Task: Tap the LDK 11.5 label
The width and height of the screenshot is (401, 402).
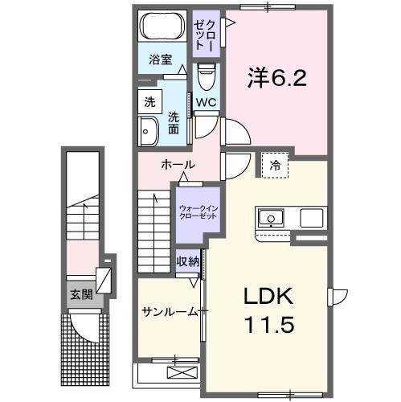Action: (x=270, y=312)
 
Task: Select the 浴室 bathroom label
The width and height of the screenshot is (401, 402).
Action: (x=161, y=59)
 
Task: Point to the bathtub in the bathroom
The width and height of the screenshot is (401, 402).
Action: (x=162, y=27)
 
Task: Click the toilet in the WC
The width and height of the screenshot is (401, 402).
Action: (x=205, y=78)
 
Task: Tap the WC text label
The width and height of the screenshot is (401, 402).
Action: (x=206, y=102)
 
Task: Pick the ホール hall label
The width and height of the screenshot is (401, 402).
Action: (x=178, y=164)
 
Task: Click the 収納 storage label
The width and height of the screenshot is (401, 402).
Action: (x=188, y=262)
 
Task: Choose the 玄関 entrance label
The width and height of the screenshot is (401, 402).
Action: (x=80, y=294)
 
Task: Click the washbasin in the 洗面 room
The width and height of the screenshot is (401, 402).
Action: (x=149, y=131)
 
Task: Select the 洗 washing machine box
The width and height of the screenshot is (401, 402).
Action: (x=149, y=102)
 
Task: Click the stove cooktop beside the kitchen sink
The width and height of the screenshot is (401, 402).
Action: (x=312, y=217)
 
